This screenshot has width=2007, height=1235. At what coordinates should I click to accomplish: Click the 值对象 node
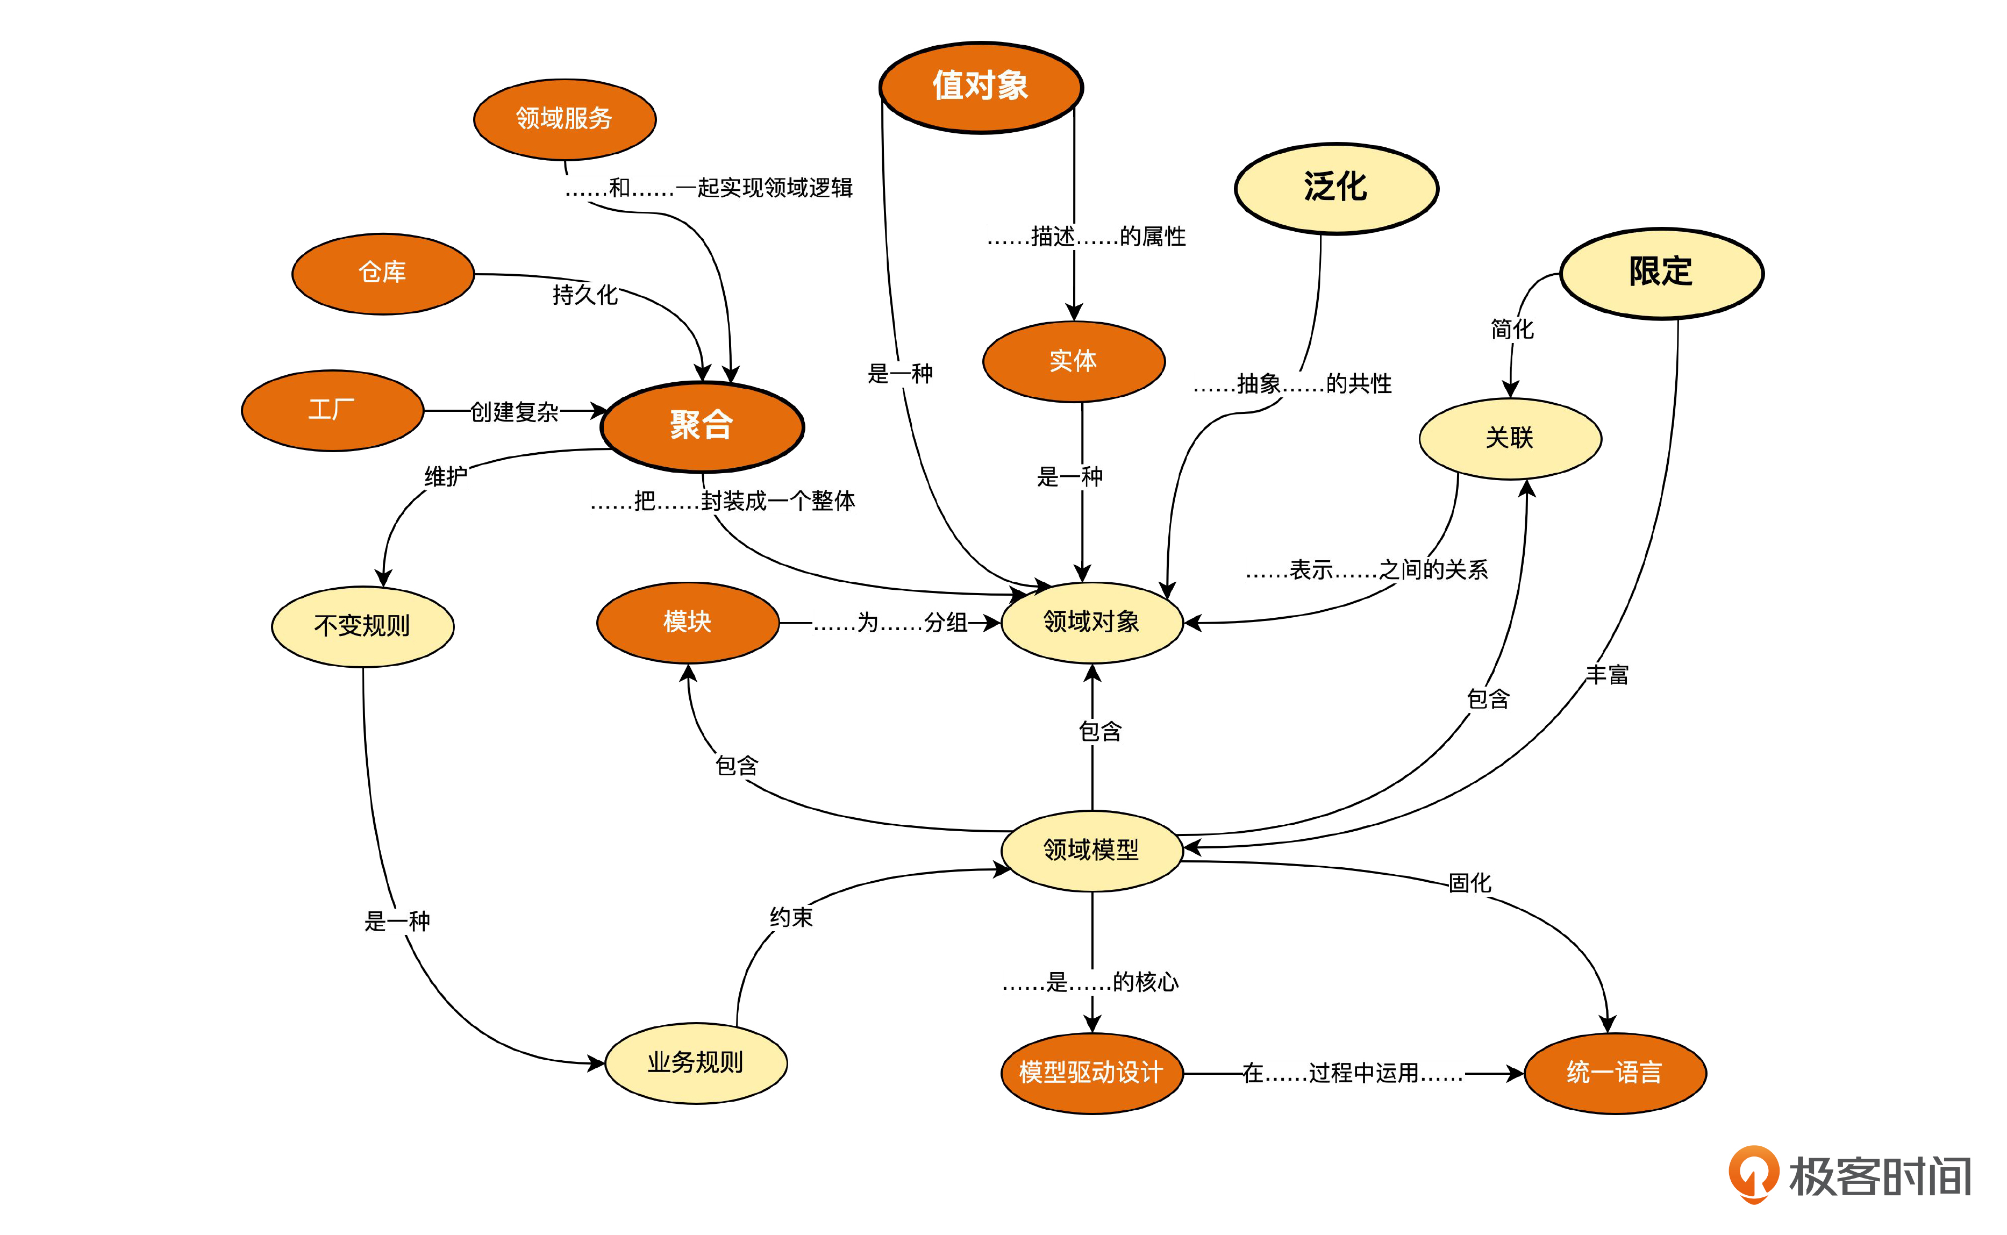(x=981, y=87)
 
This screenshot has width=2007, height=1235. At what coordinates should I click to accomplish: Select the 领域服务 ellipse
(x=564, y=119)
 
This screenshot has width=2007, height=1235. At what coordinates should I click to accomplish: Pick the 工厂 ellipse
(x=332, y=410)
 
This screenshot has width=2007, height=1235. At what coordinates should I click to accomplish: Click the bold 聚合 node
(x=702, y=426)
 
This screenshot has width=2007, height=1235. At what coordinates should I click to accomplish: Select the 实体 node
(x=1073, y=361)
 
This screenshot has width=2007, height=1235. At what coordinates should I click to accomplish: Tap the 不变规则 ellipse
(x=362, y=626)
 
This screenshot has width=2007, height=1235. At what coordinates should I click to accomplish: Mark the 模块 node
(x=688, y=623)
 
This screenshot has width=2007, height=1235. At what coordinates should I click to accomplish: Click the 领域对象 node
(x=1092, y=623)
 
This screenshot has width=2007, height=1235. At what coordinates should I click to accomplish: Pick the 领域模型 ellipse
(x=1092, y=850)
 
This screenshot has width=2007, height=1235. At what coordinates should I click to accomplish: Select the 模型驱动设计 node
(x=1092, y=1073)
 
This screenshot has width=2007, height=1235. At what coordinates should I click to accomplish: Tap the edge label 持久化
(x=584, y=295)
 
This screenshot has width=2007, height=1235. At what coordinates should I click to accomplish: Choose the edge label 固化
(x=1470, y=883)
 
